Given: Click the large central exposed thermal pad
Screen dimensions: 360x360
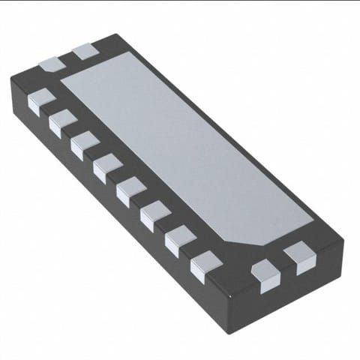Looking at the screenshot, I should click(x=187, y=150).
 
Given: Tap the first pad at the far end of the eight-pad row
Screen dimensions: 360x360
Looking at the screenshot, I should click(x=40, y=97).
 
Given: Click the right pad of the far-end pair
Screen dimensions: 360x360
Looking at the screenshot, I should click(x=85, y=52).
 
